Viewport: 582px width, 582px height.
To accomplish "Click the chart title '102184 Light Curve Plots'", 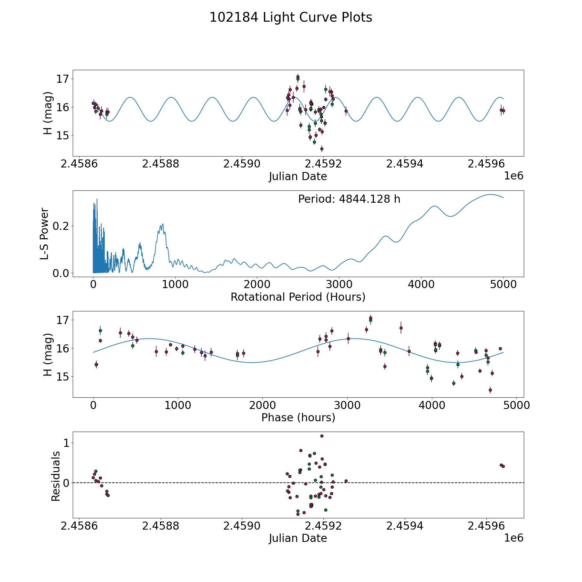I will tap(291, 17).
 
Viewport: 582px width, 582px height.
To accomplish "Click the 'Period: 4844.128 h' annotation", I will tap(349, 199).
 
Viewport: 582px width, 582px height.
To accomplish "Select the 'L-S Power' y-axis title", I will tap(45, 233).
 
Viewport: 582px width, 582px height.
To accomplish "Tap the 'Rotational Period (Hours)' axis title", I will tap(298, 297).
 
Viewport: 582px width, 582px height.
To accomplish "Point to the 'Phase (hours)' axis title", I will tap(298, 417).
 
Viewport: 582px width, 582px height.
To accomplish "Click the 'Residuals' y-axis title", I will tap(56, 476).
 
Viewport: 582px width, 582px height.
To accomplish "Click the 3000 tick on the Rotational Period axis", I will tap(339, 285).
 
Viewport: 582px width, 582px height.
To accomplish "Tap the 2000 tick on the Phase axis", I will tap(262, 405).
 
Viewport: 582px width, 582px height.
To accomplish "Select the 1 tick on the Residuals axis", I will tap(66, 443).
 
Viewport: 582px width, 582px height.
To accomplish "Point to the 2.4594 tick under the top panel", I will tap(404, 164).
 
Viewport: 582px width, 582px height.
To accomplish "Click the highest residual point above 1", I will tap(322, 436).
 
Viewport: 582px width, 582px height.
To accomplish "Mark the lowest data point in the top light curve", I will tap(322, 149).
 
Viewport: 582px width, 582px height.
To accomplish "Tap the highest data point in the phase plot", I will tap(371, 318).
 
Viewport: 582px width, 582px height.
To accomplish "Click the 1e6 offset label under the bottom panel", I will tap(513, 538).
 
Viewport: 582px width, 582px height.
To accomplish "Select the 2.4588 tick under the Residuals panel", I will tap(160, 526).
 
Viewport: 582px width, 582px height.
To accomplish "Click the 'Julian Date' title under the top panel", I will tap(298, 177).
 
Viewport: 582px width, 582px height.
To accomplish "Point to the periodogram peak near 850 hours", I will tap(163, 224).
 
